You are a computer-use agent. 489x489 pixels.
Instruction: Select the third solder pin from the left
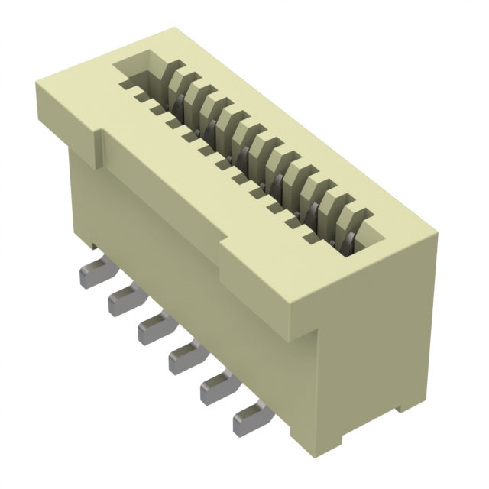click(x=152, y=329)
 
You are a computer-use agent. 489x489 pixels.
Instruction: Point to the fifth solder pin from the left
click(x=216, y=388)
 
